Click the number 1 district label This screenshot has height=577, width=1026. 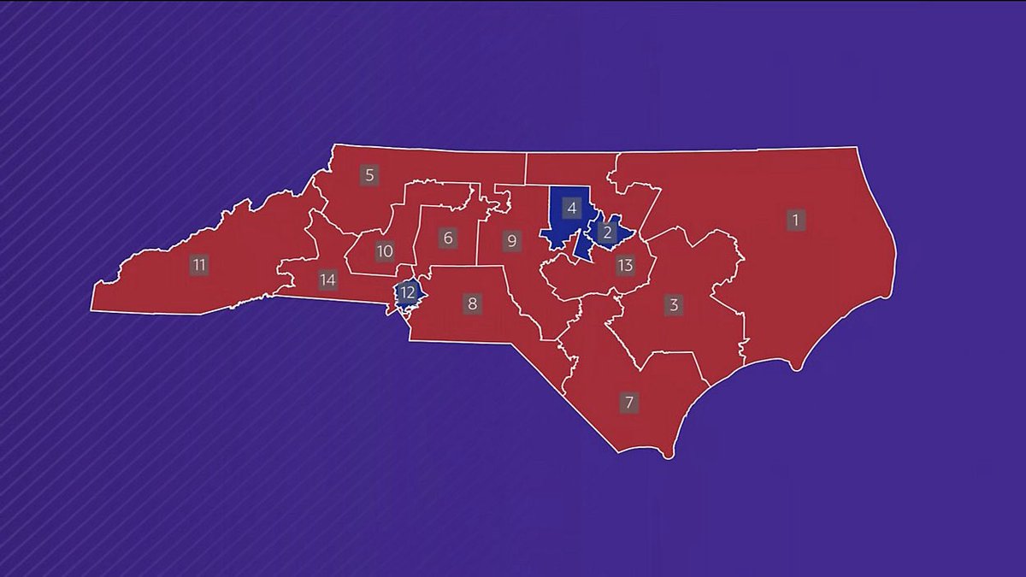[795, 220]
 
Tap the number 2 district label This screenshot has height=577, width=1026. [607, 232]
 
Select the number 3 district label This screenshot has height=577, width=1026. [674, 305]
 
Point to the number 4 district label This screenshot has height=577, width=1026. [571, 207]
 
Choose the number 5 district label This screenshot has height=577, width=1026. [369, 176]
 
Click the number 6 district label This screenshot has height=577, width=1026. [448, 238]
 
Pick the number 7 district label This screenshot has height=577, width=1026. [629, 403]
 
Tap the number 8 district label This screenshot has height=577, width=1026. [471, 303]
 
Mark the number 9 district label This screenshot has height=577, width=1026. [511, 240]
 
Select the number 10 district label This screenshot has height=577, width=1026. [385, 251]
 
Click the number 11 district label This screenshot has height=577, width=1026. [199, 265]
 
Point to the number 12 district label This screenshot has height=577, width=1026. [408, 293]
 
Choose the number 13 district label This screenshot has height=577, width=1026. [625, 265]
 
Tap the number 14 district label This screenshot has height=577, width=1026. [327, 280]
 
